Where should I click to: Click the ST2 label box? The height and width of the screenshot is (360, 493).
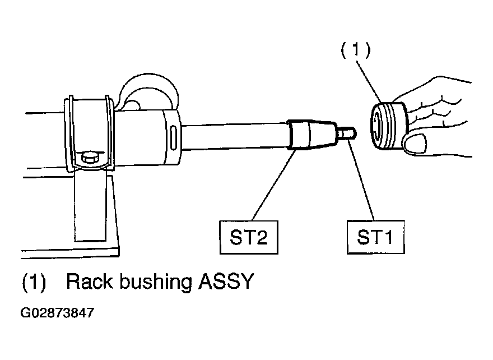249,237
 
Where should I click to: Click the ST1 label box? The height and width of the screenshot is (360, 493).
375,237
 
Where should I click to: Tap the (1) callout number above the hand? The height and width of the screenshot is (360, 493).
356,50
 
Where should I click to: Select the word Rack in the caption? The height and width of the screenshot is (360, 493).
89,281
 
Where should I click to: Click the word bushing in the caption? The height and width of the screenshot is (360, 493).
156,283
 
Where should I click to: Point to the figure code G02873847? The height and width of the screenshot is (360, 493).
57,313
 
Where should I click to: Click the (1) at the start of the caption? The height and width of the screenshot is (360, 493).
34,281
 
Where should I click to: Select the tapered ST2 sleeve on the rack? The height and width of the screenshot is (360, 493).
311,134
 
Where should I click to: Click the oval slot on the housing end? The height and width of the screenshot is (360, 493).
173,138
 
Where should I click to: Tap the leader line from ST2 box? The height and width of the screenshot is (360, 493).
273,185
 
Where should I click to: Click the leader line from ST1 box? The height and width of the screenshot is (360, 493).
361,179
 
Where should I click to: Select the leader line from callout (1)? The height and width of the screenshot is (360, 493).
369,82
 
